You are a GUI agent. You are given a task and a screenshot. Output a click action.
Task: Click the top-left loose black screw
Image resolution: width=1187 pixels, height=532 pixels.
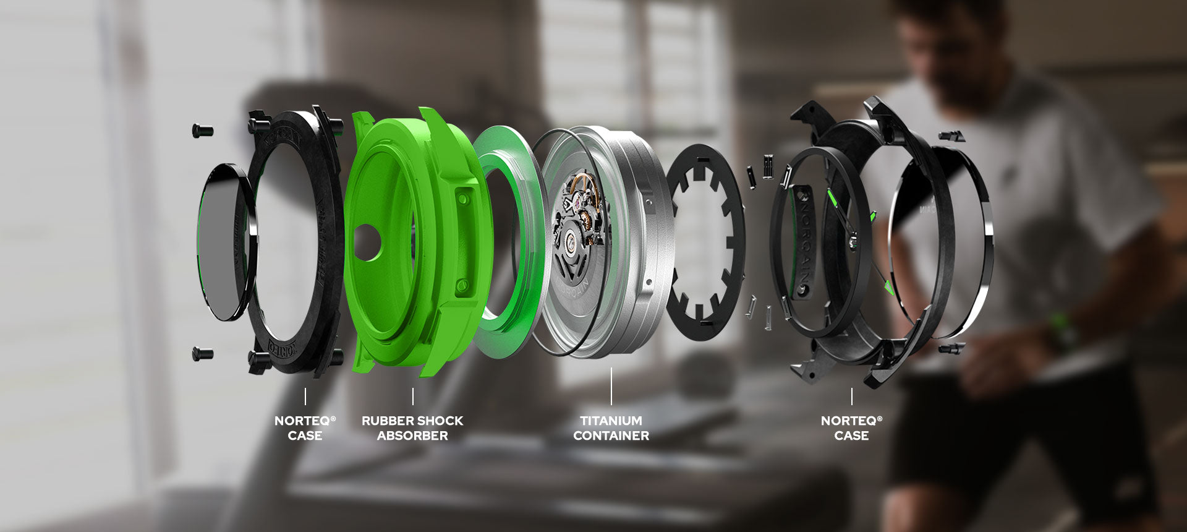click(x=202, y=131)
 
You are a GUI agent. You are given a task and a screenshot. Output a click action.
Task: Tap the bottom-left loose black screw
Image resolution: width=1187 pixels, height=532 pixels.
click(x=202, y=354)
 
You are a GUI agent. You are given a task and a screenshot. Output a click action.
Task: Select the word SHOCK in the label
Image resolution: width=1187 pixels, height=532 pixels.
click(x=442, y=421)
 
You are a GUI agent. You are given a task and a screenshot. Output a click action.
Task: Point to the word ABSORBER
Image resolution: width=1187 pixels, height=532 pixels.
click(x=412, y=435)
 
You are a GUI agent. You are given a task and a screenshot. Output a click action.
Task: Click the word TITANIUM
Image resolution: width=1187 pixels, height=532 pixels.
click(x=611, y=421)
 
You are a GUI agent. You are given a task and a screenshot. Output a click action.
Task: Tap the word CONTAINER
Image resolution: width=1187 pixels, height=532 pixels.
click(x=611, y=435)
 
